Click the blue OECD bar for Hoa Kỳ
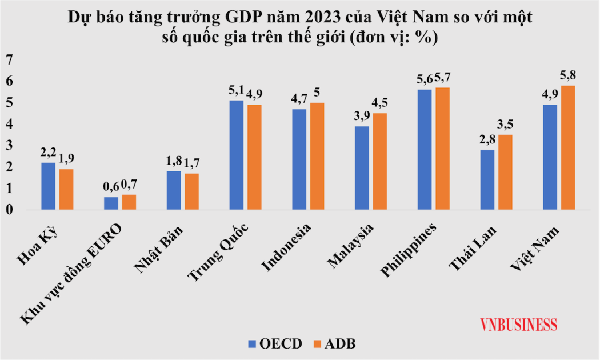[49, 186]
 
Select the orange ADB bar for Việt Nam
[568, 148]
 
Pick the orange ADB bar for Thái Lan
[505, 173]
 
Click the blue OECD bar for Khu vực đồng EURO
[111, 203]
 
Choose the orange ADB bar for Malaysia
[380, 162]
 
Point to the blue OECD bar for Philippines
[425, 150]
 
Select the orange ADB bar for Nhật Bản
[191, 191]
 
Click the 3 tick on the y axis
[9, 146]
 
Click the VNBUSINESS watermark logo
[518, 324]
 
